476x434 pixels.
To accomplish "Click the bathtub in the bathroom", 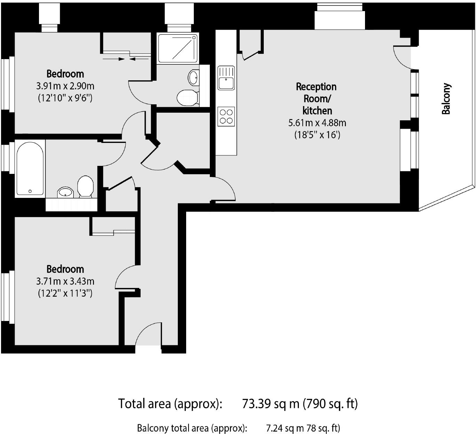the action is tap(30, 168).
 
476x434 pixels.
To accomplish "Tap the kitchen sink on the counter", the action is tap(226, 78).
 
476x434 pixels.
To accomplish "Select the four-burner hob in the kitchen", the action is tap(226, 116).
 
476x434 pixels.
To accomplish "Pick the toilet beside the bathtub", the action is tap(86, 186).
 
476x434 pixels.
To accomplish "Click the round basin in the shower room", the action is tap(193, 77).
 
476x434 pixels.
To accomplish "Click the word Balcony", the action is tap(446, 99).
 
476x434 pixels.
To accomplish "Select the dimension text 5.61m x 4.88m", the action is tap(317, 123).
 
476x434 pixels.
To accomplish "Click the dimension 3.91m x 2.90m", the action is tap(65, 86).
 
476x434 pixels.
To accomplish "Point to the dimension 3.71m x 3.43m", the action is tap(65, 281).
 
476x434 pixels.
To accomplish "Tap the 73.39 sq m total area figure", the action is tap(270, 404).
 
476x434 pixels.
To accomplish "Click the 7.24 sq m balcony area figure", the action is tap(285, 428).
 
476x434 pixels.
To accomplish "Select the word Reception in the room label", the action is tap(316, 87).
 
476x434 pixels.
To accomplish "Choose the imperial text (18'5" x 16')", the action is tap(317, 135).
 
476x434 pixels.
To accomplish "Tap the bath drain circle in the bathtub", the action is tap(30, 191).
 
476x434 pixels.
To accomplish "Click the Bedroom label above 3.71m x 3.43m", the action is tap(65, 269).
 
